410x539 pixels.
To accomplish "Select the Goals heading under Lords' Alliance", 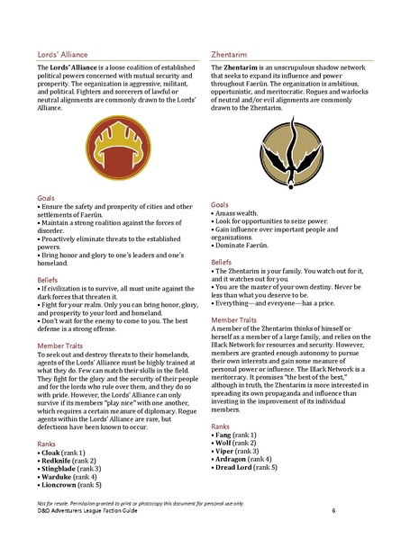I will (47, 195).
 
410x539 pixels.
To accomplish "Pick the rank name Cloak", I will (52, 452).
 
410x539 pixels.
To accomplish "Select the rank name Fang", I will (225, 436).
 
